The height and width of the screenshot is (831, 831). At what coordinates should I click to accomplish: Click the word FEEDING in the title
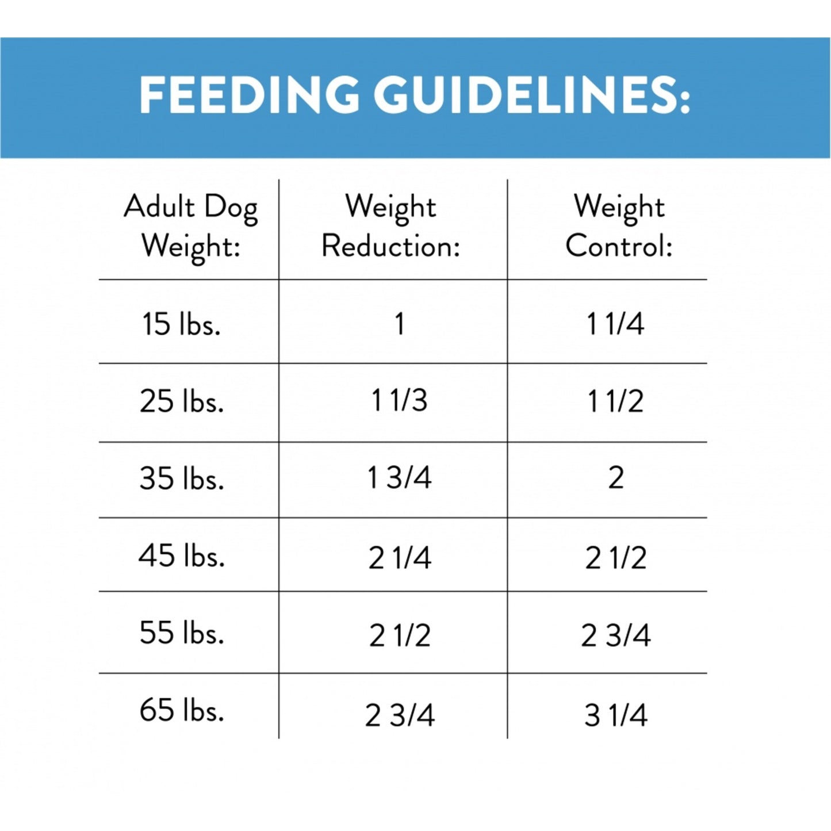point(249,95)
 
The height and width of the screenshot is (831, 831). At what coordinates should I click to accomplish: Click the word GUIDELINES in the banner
point(532,95)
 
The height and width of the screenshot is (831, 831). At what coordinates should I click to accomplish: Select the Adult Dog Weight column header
point(190,227)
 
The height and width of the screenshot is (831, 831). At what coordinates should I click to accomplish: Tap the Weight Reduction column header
point(391,227)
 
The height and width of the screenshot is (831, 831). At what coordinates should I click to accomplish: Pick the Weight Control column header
point(619,227)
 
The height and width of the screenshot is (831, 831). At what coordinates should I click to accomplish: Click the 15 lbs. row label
point(181,324)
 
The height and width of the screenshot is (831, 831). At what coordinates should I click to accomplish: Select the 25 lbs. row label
point(181,401)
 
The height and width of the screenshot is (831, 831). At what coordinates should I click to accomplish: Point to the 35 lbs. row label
point(181,478)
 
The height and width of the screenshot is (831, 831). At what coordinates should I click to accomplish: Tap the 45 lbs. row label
point(181,556)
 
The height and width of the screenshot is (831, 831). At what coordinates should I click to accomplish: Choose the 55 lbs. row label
point(181,633)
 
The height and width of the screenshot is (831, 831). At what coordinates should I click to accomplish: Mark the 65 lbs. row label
point(181,710)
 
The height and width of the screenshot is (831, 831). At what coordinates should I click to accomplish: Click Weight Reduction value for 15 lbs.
point(399,324)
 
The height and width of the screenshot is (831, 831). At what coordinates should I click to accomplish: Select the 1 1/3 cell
point(399,401)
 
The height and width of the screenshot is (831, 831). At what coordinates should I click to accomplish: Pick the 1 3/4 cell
point(399,478)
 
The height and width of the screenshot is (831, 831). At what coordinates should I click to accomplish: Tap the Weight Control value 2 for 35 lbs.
point(615,478)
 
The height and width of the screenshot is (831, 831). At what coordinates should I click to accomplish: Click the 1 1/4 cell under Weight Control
point(615,324)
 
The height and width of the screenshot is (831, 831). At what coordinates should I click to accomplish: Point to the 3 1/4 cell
point(615,715)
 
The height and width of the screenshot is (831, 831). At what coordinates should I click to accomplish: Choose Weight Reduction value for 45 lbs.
point(399,558)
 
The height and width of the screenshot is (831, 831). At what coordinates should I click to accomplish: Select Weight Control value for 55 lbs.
point(615,635)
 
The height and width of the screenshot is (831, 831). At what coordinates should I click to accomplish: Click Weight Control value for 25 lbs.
point(615,401)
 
